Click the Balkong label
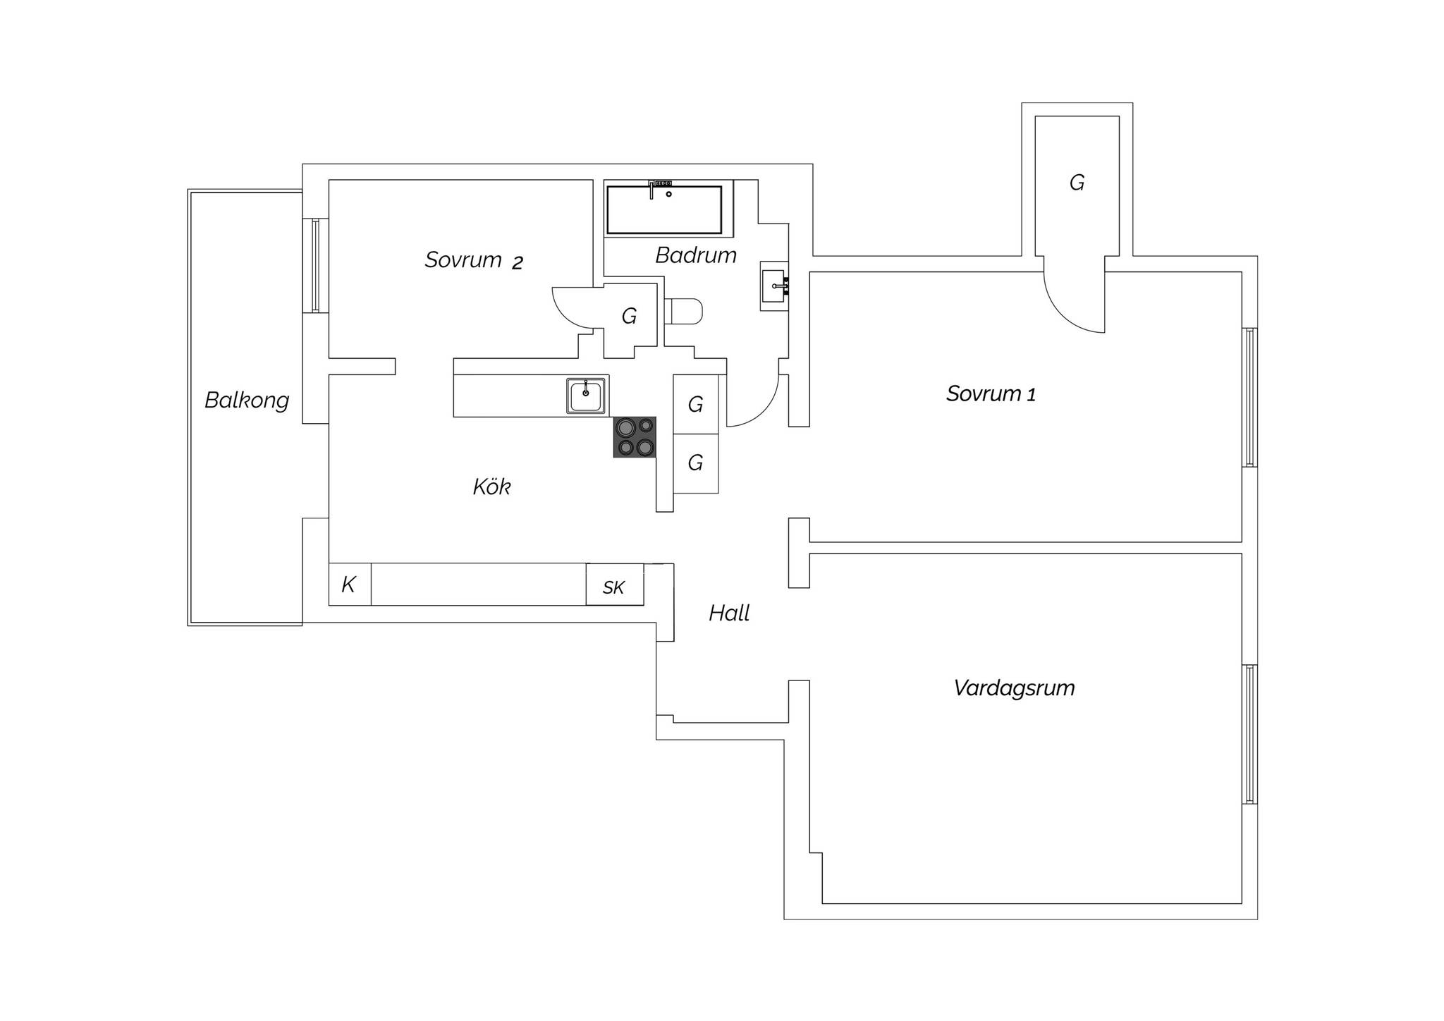pyautogui.click(x=247, y=401)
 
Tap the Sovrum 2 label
pyautogui.click(x=474, y=260)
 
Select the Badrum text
pyautogui.click(x=696, y=255)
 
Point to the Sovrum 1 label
pyautogui.click(x=991, y=393)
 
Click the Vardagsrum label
pyautogui.click(x=1014, y=688)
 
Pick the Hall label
pyautogui.click(x=729, y=613)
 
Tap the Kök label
pyautogui.click(x=491, y=487)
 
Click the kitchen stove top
pyautogui.click(x=635, y=437)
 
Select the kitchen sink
pyautogui.click(x=586, y=396)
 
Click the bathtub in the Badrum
pyautogui.click(x=664, y=209)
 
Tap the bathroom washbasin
pyautogui.click(x=774, y=286)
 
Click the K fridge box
pyautogui.click(x=350, y=585)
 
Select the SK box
pyautogui.click(x=614, y=585)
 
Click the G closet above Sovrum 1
pyautogui.click(x=1077, y=185)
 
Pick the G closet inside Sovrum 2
pyautogui.click(x=630, y=317)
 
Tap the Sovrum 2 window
pyautogui.click(x=315, y=265)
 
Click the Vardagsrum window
pyautogui.click(x=1250, y=734)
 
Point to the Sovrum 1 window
pyautogui.click(x=1250, y=397)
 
